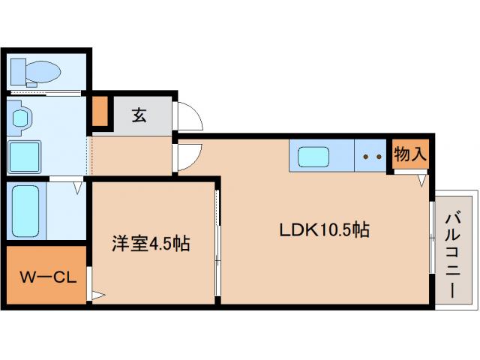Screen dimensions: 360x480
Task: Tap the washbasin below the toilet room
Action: (22, 118)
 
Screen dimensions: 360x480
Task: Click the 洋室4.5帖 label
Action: (150, 243)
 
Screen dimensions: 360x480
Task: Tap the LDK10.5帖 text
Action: (324, 230)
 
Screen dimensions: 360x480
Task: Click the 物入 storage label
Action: (410, 155)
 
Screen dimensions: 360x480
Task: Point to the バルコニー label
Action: (452, 250)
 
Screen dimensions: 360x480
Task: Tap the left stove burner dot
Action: (365, 157)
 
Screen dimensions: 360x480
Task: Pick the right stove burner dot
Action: (379, 157)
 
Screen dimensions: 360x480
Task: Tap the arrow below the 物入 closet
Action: (422, 181)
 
